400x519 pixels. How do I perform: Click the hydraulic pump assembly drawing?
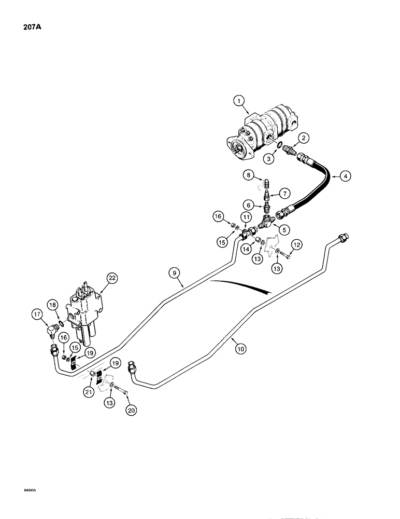[264, 136]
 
